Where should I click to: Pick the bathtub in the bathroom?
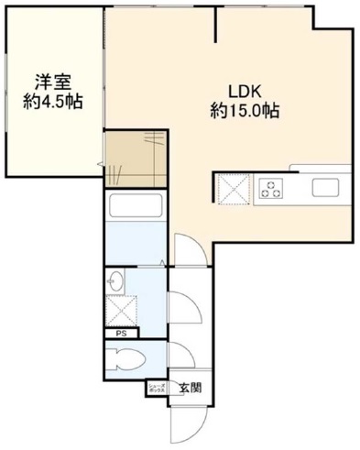click(136, 208)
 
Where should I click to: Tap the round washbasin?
click(116, 280)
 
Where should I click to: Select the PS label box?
click(121, 334)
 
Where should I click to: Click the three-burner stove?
click(272, 189)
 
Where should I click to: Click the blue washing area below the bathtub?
click(134, 245)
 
